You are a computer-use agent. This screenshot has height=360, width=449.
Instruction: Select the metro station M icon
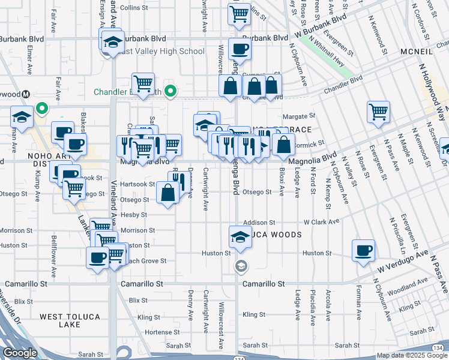point(26,95)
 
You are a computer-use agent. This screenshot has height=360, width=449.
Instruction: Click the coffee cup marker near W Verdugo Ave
point(363,251)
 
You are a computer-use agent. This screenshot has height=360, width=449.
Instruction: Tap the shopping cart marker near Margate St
point(378,111)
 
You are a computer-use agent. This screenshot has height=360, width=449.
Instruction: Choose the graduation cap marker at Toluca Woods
point(240,236)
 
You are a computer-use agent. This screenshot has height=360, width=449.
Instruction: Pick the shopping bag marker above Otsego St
point(168,193)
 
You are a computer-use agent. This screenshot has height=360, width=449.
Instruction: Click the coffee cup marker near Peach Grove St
point(97,259)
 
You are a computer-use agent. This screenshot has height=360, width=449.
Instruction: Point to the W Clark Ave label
point(321,221)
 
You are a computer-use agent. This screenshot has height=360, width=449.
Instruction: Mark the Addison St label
point(259,222)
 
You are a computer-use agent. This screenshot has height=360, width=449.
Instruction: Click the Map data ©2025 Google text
point(411,356)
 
